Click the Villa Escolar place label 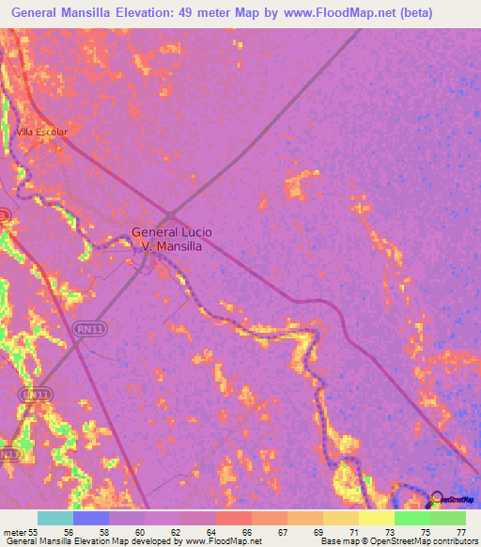tap(41, 133)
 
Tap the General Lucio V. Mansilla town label tap(172, 240)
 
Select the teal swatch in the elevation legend tap(54, 518)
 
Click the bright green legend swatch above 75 tap(412, 518)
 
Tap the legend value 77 tap(459, 532)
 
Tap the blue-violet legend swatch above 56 tap(91, 518)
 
